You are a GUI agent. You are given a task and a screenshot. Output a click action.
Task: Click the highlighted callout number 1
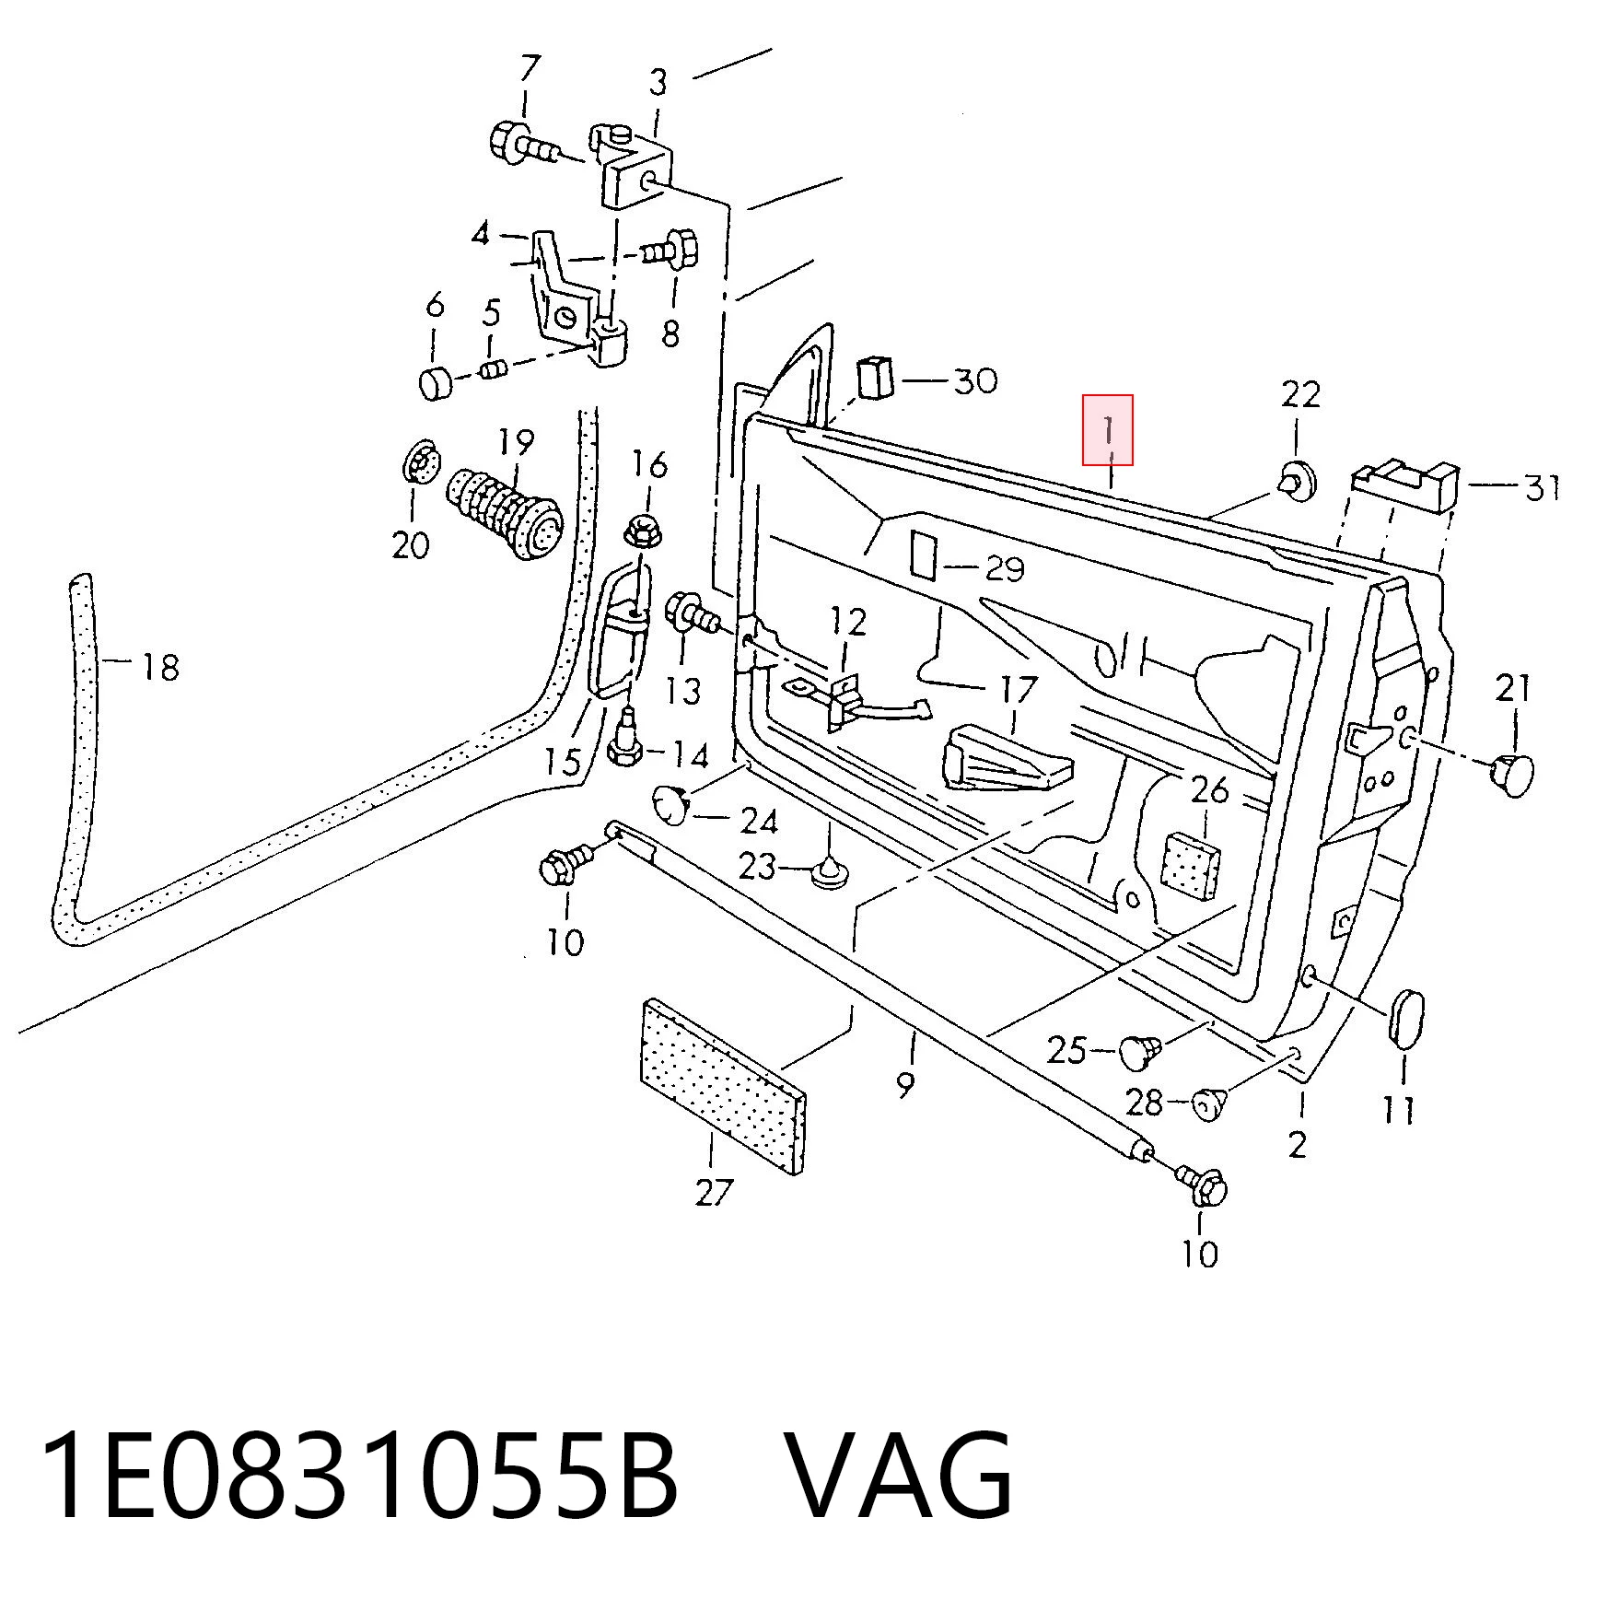(1108, 430)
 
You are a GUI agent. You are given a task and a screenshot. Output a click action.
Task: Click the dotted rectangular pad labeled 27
(722, 1086)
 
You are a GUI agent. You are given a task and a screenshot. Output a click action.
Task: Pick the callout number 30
(975, 379)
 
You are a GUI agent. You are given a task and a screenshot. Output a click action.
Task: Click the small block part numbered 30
(877, 377)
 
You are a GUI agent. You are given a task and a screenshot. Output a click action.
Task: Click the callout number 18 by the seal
(160, 665)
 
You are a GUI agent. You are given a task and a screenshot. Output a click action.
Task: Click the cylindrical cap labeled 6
(434, 381)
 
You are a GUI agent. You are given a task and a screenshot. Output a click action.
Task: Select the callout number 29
(1005, 568)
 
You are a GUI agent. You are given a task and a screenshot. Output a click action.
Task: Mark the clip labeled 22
(1298, 480)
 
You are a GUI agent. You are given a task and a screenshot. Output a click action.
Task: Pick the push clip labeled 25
(1140, 1051)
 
